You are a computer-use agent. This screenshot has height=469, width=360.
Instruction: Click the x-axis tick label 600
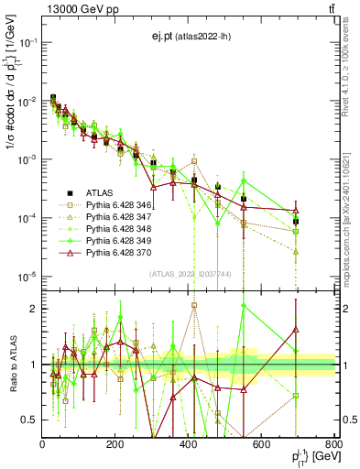(261, 445)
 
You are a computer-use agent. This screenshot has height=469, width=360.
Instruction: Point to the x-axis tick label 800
(333, 445)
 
